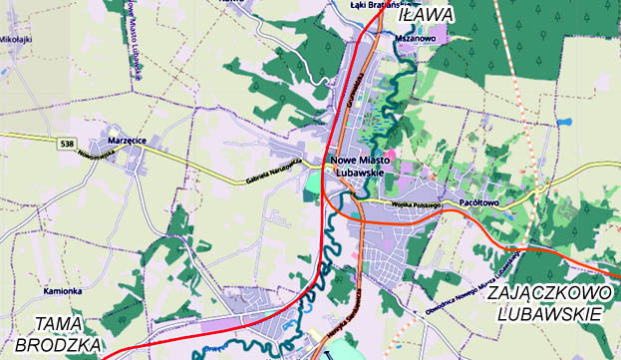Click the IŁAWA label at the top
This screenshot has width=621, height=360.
425,15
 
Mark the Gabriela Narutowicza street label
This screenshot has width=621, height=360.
273,172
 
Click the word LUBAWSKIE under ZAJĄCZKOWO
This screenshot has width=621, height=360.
549,314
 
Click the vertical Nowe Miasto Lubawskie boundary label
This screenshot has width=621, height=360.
134,40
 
